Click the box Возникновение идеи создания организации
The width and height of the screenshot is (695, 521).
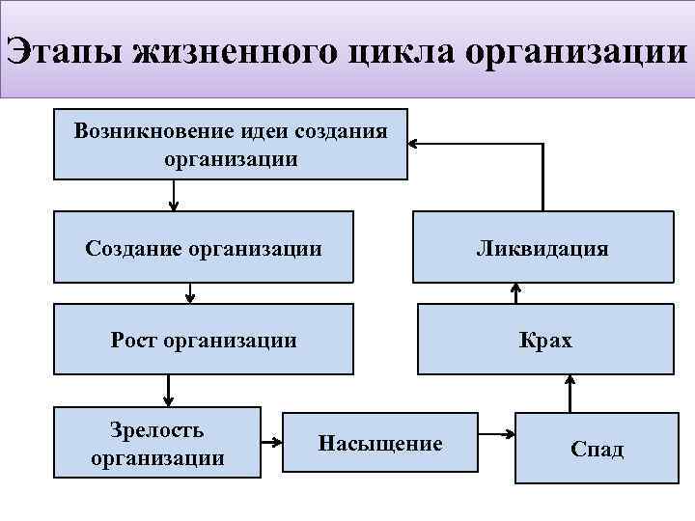click(x=231, y=144)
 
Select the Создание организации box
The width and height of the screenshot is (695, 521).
click(x=204, y=248)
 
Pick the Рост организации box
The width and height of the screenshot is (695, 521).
click(x=204, y=340)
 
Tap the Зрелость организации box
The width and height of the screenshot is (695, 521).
click(x=157, y=443)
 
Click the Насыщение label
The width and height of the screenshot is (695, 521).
click(x=380, y=443)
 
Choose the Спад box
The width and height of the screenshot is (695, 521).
click(x=597, y=448)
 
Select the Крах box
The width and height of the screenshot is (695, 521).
click(x=545, y=340)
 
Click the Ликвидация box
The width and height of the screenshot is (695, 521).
click(x=542, y=248)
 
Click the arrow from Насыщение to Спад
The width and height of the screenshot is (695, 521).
click(x=497, y=434)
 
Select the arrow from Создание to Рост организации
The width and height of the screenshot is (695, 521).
click(x=190, y=292)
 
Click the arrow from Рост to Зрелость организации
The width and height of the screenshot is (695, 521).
click(x=169, y=390)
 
